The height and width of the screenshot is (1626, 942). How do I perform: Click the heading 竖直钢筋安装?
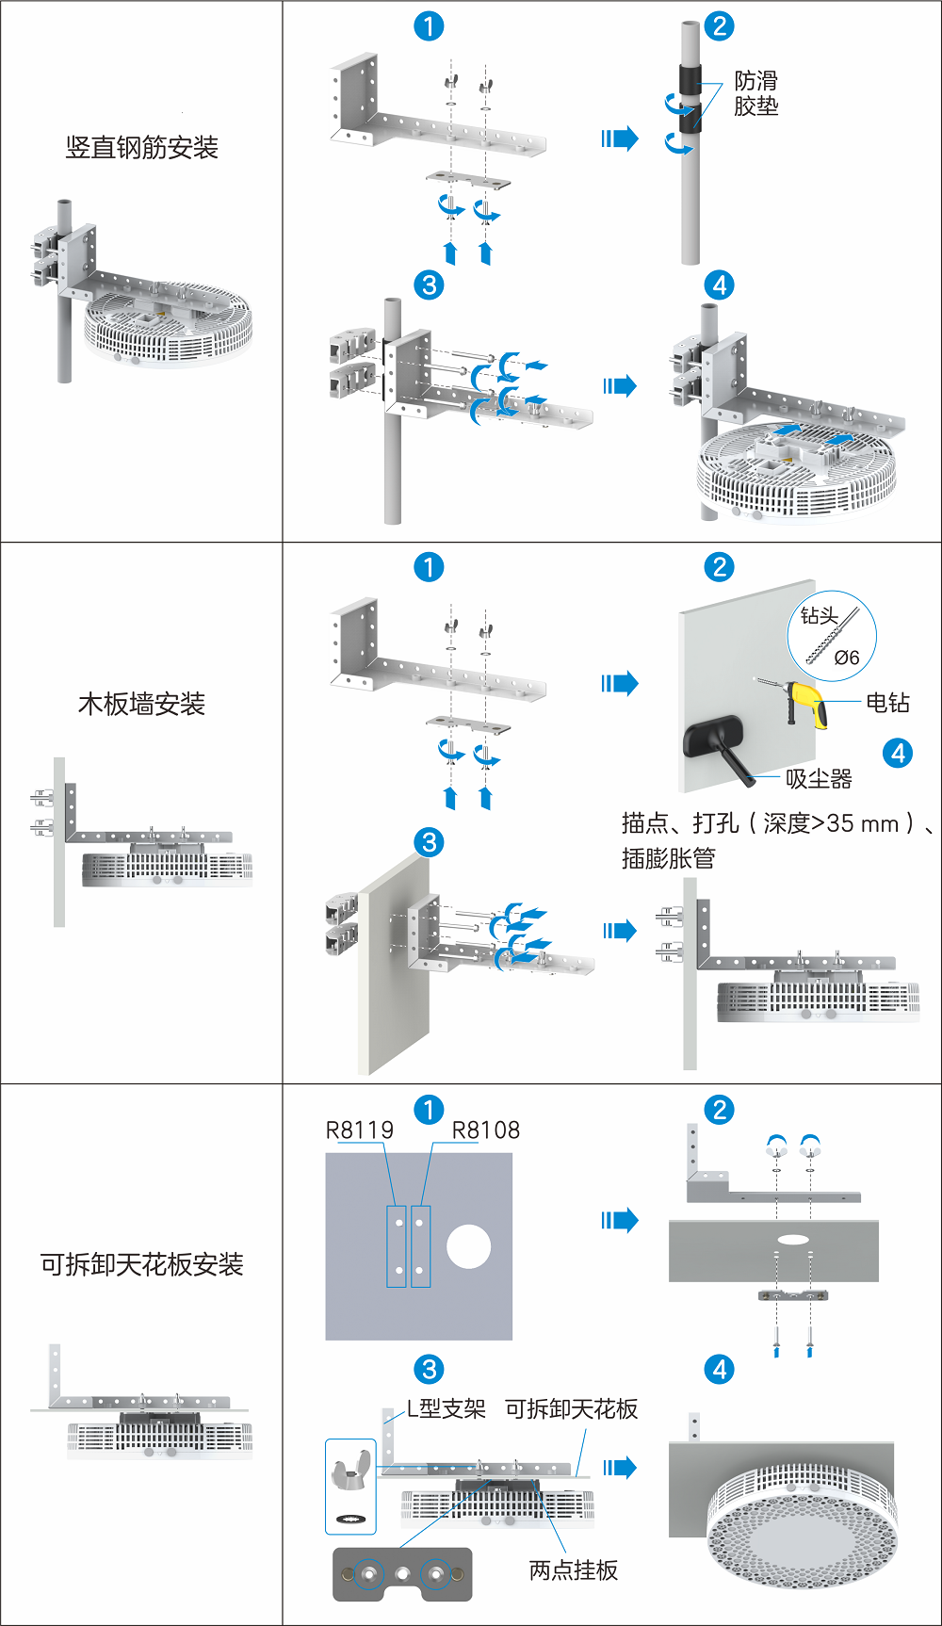pos(141,148)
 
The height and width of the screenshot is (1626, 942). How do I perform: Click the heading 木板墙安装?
pos(141,704)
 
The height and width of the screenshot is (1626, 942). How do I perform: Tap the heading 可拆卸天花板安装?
pos(141,1264)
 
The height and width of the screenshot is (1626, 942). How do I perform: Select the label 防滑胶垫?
pos(756,93)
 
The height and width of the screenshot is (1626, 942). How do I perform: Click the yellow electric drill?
pos(808,703)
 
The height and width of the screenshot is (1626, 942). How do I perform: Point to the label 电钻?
pos(887,703)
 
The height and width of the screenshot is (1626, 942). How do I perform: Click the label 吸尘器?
pos(819,779)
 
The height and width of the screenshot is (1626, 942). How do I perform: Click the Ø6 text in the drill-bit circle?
pos(847,658)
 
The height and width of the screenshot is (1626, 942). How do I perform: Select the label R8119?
pos(360,1130)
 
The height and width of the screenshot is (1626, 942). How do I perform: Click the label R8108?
pos(486,1130)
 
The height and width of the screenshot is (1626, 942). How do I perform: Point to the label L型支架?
pos(446,1409)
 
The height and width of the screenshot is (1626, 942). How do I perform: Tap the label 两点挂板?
pos(573,1570)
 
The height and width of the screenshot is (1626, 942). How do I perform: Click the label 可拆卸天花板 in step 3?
pos(572,1409)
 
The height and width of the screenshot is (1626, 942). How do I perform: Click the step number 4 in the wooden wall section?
pos(898,753)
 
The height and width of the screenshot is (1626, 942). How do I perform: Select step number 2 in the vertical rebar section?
pos(720,26)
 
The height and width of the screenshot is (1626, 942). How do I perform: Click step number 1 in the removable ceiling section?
pos(429,1109)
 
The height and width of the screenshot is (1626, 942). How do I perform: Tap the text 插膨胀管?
pos(668,858)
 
